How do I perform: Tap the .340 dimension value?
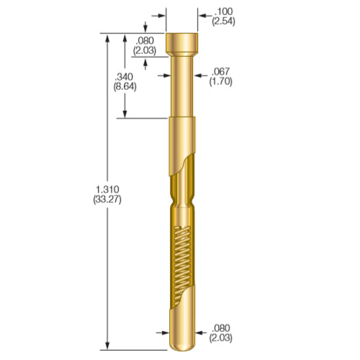tap(124, 76)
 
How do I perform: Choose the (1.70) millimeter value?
tap(220, 82)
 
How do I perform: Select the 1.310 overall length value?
tap(107, 189)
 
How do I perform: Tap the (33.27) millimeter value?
tap(107, 199)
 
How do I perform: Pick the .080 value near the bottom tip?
tap(220, 328)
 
